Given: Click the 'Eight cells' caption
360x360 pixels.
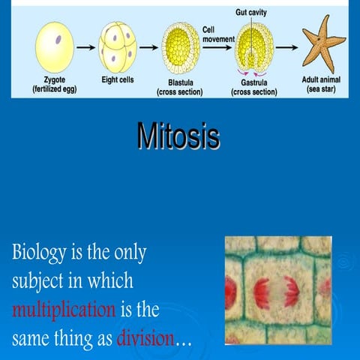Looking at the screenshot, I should [x=118, y=79].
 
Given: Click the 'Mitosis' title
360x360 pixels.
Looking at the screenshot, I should [x=178, y=137].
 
